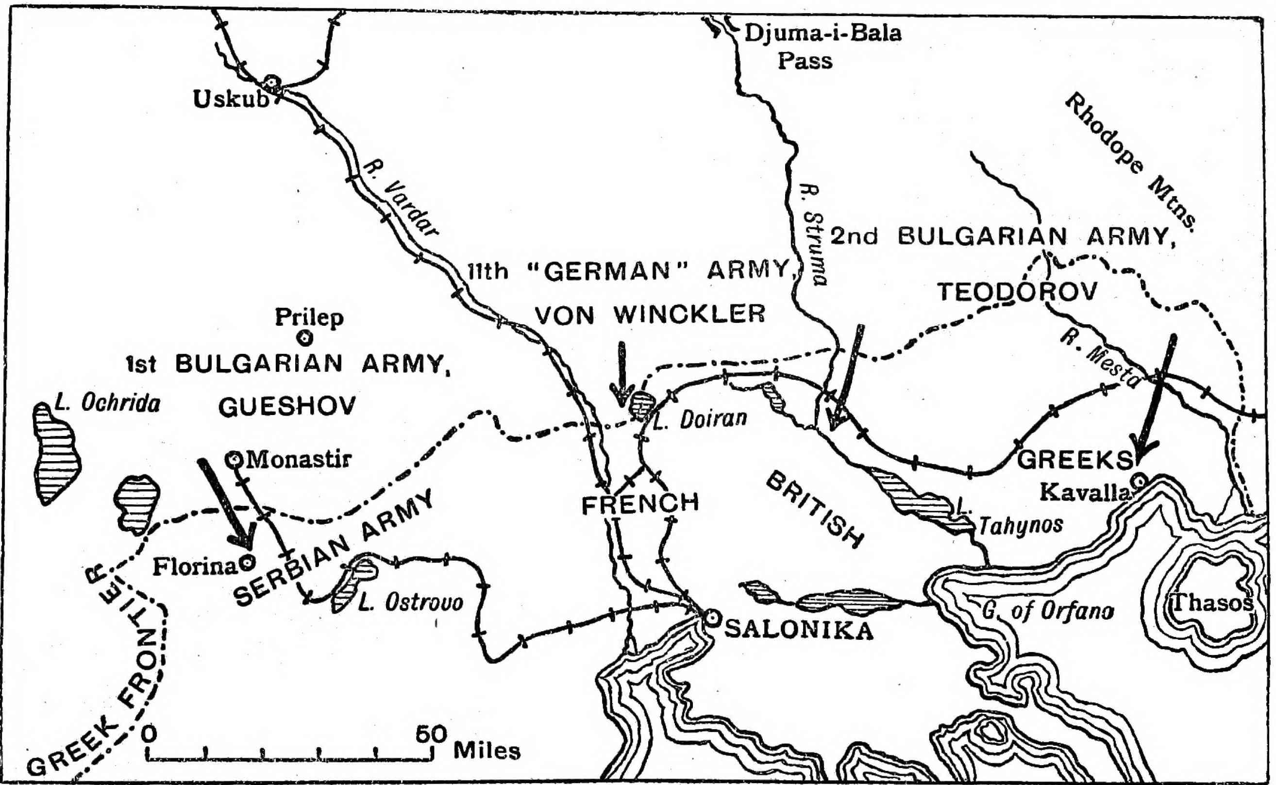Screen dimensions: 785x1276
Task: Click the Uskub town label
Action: point(232,99)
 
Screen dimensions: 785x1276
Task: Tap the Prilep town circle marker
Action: point(306,338)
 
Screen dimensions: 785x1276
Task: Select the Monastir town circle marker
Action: point(235,458)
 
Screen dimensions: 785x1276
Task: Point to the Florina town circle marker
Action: point(248,561)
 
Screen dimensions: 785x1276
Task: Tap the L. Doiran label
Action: point(698,418)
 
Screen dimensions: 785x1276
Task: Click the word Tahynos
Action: point(1020,525)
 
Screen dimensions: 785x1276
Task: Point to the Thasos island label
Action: point(1212,603)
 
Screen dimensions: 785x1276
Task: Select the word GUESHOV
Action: point(287,406)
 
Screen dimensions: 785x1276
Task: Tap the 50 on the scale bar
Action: point(431,735)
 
